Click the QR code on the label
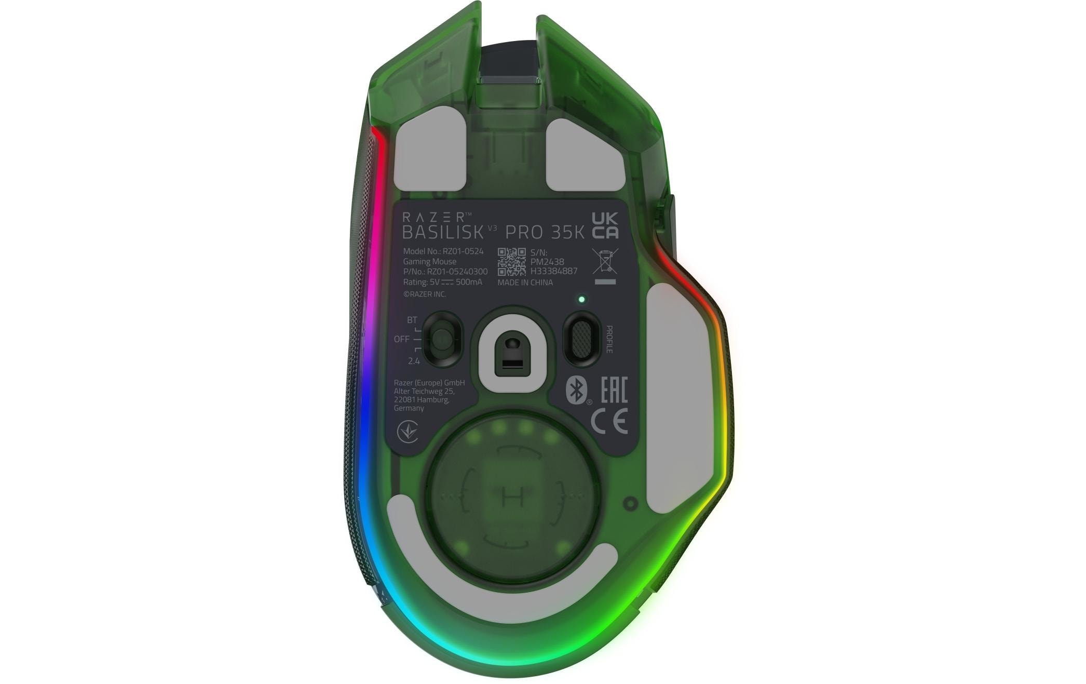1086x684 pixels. pos(511,262)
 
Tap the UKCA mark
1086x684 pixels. pos(605,225)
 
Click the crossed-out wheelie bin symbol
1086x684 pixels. pos(605,261)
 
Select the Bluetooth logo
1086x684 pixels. pos(576,390)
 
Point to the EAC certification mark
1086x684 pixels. pos(614,390)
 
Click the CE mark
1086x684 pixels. pos(609,421)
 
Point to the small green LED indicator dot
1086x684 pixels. pos(581,300)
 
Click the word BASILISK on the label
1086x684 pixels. pos(442,232)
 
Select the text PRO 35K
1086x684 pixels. pos(545,232)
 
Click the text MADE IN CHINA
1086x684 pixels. pos(525,283)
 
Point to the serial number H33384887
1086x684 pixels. pos(553,271)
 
